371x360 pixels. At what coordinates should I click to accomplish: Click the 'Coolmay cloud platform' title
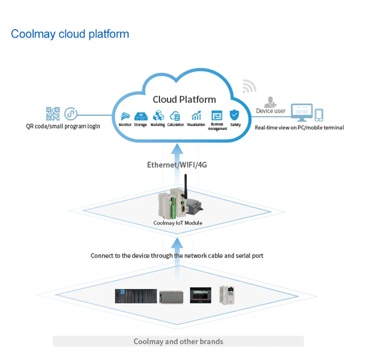(x=70, y=34)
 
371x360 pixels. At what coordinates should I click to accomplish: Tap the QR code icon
(x=53, y=114)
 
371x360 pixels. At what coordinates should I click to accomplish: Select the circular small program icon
(x=71, y=114)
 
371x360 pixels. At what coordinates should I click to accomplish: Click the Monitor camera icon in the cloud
(x=125, y=116)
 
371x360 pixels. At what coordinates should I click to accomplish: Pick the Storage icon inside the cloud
(x=141, y=116)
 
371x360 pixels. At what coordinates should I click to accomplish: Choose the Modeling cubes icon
(x=158, y=116)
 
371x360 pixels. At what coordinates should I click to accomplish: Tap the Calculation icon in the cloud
(x=175, y=116)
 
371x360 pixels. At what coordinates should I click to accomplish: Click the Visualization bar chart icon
(x=196, y=115)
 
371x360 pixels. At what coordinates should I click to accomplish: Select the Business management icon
(x=217, y=116)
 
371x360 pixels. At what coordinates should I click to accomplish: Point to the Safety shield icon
(x=234, y=115)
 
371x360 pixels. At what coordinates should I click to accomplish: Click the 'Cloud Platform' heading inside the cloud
(x=185, y=99)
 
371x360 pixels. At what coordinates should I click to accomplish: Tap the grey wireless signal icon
(x=249, y=87)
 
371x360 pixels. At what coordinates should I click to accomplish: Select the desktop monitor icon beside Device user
(x=302, y=113)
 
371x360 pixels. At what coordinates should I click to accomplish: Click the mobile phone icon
(x=319, y=115)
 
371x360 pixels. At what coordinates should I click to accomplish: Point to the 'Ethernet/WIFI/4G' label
(x=177, y=165)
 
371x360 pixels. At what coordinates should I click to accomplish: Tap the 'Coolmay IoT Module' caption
(x=178, y=223)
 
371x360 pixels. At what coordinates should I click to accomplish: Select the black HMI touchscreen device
(x=200, y=295)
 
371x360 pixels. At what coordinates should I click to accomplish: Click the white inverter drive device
(x=227, y=295)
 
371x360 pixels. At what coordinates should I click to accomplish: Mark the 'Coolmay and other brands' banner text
(x=179, y=341)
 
